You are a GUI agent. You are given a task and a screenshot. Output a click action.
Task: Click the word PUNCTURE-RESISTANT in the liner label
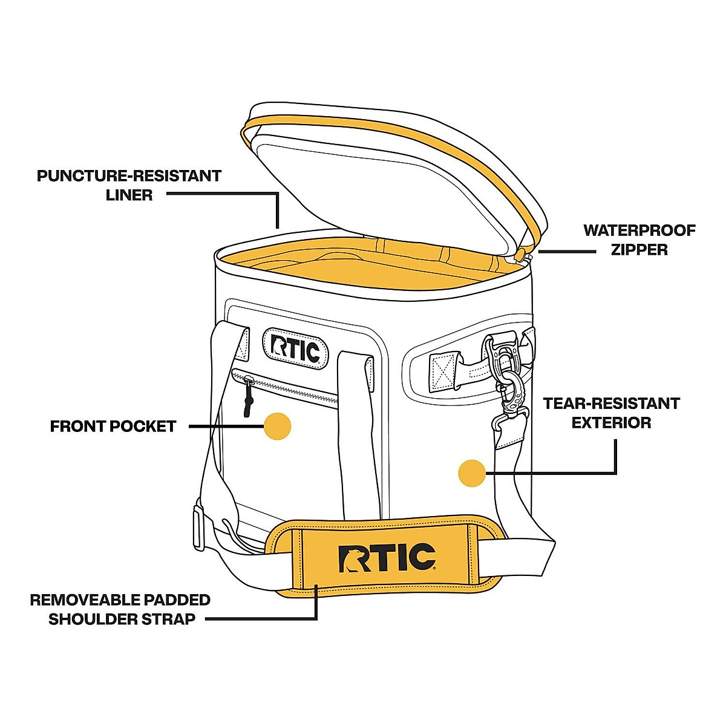[129, 176]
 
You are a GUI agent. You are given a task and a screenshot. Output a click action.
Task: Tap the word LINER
[129, 195]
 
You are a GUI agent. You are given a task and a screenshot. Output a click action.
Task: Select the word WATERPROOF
[639, 231]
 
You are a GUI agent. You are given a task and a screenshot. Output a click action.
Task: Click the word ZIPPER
[639, 249]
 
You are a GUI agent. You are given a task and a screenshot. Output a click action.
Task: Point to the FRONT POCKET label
[113, 427]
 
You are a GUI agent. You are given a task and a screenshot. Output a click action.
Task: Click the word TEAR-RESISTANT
[612, 404]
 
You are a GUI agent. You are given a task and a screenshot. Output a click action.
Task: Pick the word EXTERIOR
[612, 422]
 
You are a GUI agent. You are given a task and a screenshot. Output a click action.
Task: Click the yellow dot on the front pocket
[277, 427]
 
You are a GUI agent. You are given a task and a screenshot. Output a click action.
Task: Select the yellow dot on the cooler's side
[472, 473]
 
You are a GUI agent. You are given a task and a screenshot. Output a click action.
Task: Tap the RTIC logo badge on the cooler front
[295, 348]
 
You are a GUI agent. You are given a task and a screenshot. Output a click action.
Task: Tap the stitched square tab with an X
[445, 371]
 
